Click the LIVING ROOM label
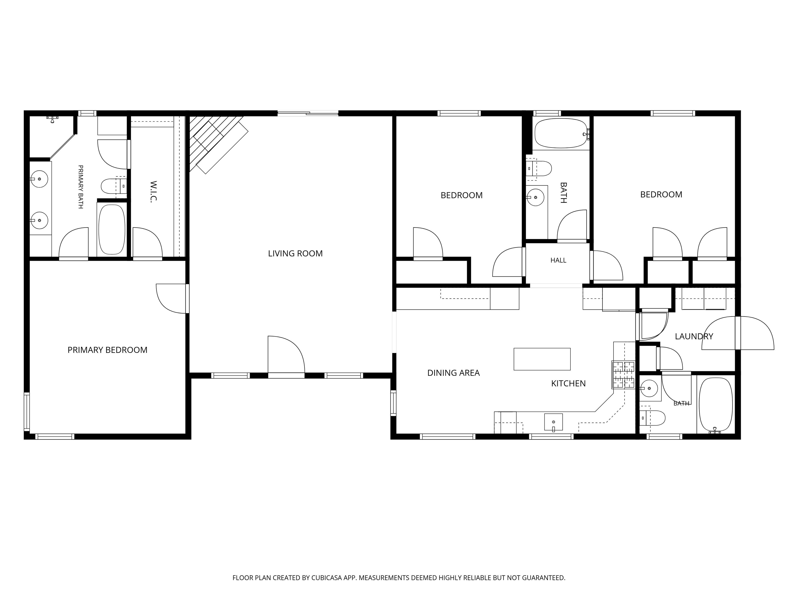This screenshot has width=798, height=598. coord(295,253)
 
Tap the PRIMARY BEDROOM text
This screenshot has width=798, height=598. coord(108,350)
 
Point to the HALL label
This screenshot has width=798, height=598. coord(558,260)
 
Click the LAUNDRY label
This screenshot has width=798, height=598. coord(694,336)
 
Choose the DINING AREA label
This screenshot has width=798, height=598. coord(454,373)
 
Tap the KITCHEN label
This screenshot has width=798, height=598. coord(568,384)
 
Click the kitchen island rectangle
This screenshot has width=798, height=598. coord(542,359)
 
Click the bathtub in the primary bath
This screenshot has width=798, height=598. coord(112,229)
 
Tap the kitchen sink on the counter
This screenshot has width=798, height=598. coord(553,422)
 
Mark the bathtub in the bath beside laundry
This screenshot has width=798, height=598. coord(716,405)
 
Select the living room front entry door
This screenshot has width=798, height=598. coord(286,357)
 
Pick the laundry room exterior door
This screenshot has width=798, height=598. coord(738,333)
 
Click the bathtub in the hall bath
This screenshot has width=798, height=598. coord(561,133)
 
